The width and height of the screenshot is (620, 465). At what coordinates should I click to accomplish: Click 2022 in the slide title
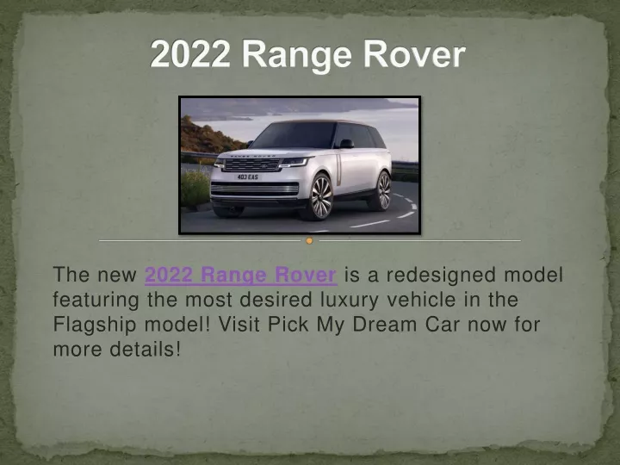pos(189,54)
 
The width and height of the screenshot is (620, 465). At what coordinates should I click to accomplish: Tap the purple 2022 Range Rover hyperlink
pos(241,275)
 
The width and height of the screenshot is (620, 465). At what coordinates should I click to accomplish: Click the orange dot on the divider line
pos(310,240)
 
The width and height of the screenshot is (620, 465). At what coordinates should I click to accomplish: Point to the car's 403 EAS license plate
pos(248,177)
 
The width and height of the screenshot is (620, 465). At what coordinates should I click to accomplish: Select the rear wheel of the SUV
pos(381,190)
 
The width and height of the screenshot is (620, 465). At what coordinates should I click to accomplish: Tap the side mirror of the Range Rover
pos(345,144)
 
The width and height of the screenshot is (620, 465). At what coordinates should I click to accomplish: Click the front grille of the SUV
pos(251,164)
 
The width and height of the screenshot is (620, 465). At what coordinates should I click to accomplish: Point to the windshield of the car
pos(294,136)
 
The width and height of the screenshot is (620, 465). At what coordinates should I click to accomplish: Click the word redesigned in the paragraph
pos(441,275)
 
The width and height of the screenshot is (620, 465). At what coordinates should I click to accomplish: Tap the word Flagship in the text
pos(95,325)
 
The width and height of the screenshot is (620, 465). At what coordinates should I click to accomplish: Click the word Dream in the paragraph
pos(384,325)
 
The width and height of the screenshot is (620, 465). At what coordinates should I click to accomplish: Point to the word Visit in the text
pos(239,325)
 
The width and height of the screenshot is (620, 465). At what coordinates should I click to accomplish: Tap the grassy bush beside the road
pos(195,189)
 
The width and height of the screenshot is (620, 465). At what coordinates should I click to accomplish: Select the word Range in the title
pos(296,55)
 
